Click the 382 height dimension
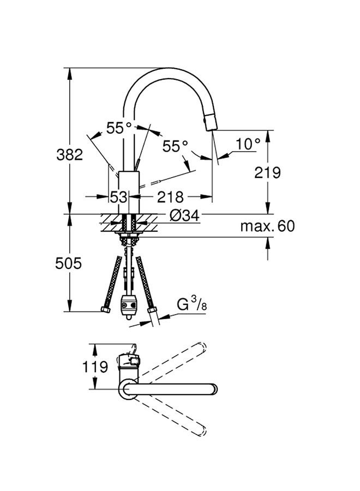(x=69, y=155)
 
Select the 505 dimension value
(x=68, y=263)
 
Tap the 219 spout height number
(x=268, y=172)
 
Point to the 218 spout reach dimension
(x=170, y=197)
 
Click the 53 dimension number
(x=119, y=197)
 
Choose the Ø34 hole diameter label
(x=184, y=215)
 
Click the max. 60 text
(x=268, y=225)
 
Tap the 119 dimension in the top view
(x=95, y=367)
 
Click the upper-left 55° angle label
(x=119, y=128)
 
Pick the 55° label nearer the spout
(x=175, y=146)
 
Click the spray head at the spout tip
(x=211, y=122)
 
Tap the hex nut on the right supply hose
(x=152, y=310)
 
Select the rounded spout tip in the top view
(x=213, y=389)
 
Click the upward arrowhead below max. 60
(x=268, y=242)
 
